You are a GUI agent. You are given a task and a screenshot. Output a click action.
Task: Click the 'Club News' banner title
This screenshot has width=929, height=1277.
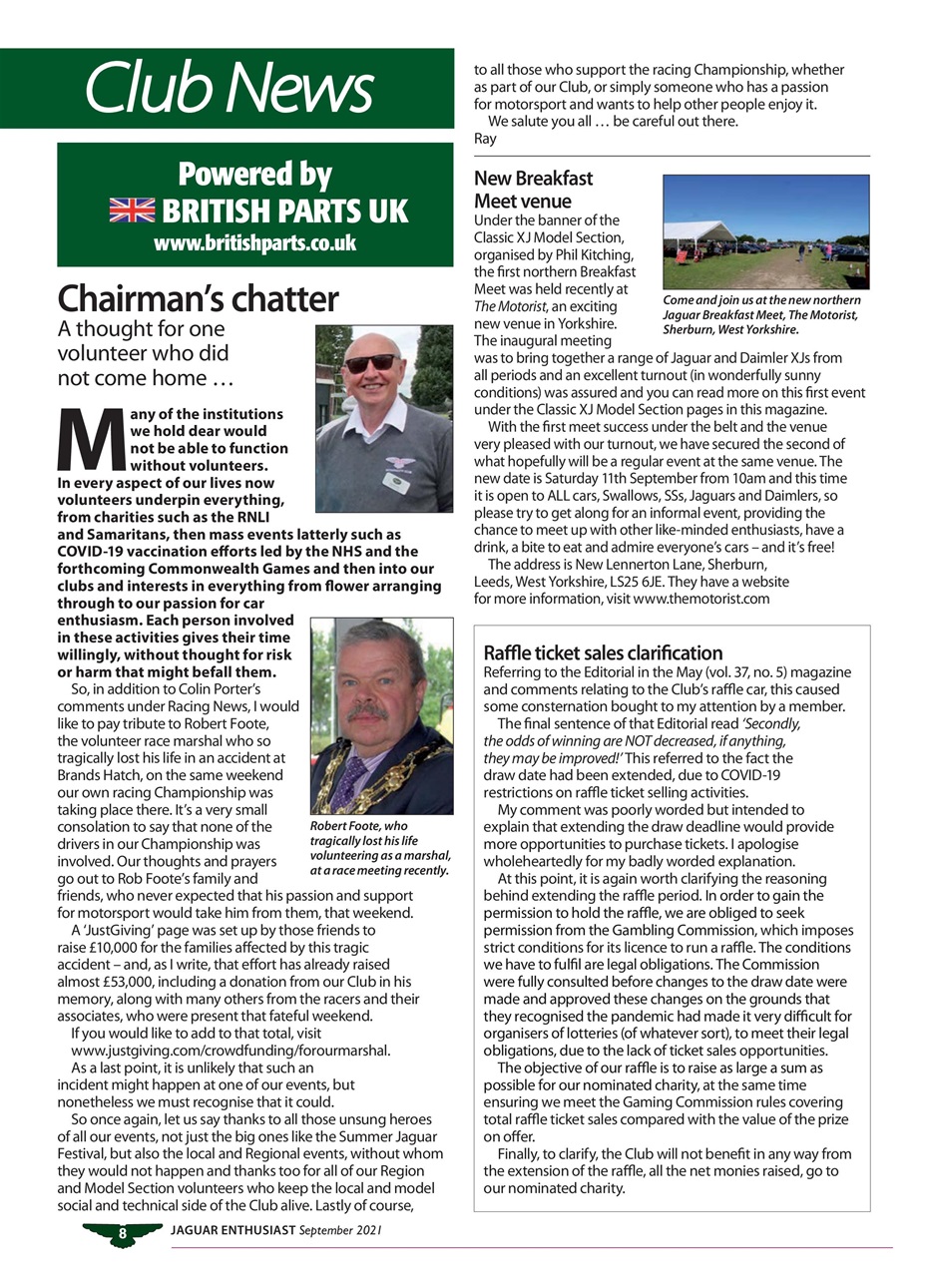(x=229, y=88)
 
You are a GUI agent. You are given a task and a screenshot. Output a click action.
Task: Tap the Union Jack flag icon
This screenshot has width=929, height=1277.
(x=132, y=211)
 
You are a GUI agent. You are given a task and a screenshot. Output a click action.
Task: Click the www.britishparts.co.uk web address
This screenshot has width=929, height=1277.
(x=254, y=243)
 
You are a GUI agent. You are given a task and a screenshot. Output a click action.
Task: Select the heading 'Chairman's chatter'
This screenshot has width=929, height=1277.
(x=198, y=298)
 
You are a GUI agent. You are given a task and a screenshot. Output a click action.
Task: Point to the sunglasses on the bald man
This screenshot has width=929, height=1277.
(x=369, y=363)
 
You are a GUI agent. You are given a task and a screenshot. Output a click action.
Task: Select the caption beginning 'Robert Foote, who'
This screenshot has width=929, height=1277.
(x=380, y=848)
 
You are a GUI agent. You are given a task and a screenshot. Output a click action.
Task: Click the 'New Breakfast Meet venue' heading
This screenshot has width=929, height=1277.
(x=533, y=190)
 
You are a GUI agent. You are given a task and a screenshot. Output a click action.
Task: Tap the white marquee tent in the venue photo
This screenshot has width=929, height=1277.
(x=698, y=233)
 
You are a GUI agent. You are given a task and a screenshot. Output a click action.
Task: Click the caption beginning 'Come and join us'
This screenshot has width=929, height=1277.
(x=761, y=314)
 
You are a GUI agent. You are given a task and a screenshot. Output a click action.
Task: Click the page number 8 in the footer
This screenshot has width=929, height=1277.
(x=122, y=1234)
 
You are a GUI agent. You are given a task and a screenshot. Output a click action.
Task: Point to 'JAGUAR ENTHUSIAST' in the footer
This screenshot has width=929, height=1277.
(x=232, y=1231)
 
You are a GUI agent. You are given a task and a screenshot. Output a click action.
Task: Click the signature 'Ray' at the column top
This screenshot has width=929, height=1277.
(x=485, y=139)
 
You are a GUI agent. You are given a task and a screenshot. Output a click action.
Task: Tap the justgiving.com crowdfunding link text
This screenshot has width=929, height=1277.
(x=231, y=1051)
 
